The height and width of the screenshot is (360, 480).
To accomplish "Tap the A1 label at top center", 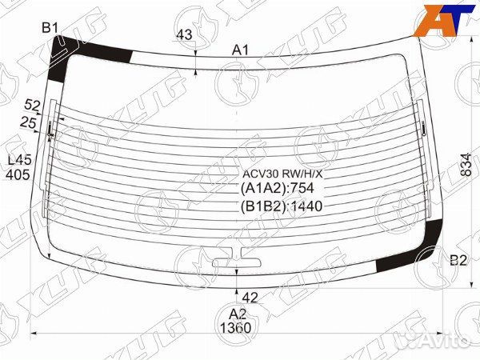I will click(241, 50).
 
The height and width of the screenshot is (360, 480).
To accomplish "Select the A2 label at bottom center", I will click(238, 314).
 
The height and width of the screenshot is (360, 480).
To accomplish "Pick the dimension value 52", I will click(32, 106).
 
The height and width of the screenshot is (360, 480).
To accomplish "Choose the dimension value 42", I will click(250, 298).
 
